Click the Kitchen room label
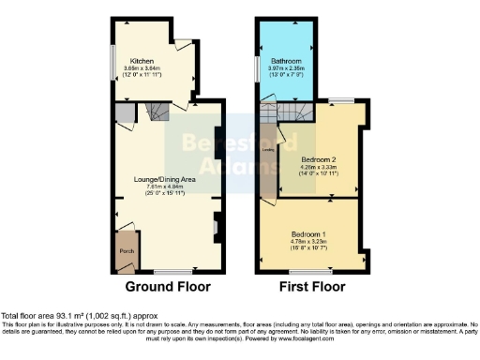tap(142, 61)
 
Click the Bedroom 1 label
tap(307, 232)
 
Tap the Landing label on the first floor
tap(267, 149)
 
